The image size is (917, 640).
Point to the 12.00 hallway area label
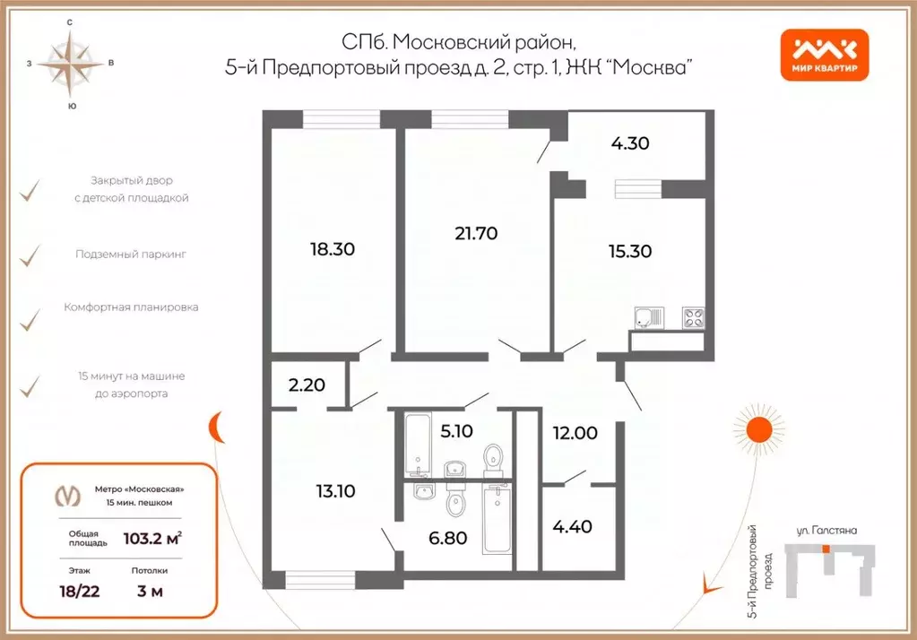[x=574, y=432]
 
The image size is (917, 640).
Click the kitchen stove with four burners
[x=692, y=316]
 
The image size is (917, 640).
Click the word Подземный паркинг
[x=131, y=255]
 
